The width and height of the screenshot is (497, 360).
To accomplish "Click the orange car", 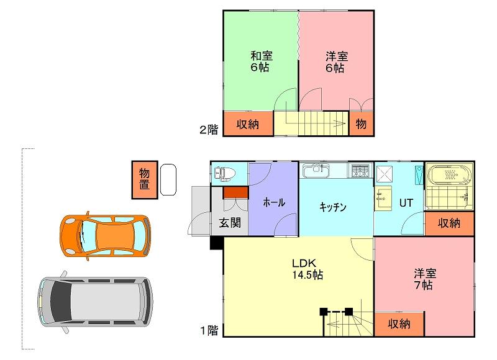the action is (x=105, y=236).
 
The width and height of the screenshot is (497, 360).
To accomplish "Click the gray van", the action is (x=95, y=302).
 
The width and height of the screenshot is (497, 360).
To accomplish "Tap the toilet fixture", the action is (x=225, y=174).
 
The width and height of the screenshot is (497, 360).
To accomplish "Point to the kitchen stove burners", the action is (x=361, y=171).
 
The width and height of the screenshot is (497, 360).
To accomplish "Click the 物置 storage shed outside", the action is (x=145, y=179).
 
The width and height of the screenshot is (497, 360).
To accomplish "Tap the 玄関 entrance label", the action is (x=230, y=223).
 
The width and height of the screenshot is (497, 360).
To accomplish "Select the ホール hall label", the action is (x=274, y=202).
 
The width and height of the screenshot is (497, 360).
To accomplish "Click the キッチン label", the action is (x=333, y=207).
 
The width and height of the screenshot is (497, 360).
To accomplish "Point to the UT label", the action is (x=406, y=202).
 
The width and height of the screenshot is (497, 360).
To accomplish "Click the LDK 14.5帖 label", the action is (x=308, y=269).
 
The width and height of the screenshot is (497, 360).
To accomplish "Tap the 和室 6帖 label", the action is (x=261, y=61).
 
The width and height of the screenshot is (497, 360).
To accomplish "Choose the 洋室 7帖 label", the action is (x=424, y=279).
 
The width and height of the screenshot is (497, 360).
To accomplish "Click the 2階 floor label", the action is (x=209, y=130).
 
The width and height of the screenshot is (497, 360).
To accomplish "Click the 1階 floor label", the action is (x=209, y=331).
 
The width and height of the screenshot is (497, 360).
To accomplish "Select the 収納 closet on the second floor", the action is (x=248, y=124).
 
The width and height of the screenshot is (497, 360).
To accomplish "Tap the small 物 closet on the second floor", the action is (x=361, y=124).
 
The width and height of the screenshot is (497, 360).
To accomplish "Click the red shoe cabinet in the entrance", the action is (x=235, y=193).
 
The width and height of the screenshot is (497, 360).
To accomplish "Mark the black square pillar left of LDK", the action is (x=217, y=243).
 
